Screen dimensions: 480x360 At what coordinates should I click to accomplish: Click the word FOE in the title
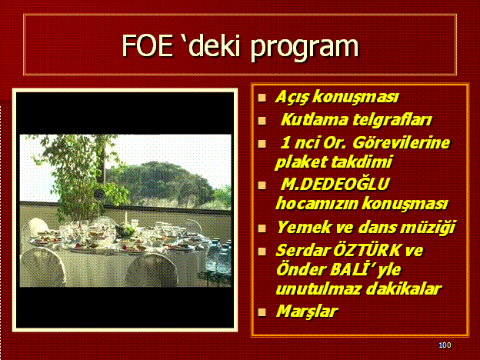(x=147, y=45)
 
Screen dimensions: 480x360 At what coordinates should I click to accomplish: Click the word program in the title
(x=305, y=48)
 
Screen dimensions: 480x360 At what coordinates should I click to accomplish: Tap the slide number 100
(x=445, y=345)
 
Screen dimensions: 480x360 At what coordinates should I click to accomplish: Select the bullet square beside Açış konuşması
(x=262, y=98)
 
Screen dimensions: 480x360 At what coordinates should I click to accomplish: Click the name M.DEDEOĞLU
(x=335, y=185)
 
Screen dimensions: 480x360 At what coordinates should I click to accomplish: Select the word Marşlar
(x=307, y=312)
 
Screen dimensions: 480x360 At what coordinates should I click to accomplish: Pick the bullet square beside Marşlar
(x=262, y=312)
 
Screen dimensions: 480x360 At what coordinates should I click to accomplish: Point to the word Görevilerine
(x=402, y=143)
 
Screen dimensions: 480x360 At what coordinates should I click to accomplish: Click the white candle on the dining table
(x=125, y=217)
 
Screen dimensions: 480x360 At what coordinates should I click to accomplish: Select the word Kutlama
(x=313, y=120)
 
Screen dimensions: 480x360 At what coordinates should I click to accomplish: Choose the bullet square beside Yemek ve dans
(x=262, y=228)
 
